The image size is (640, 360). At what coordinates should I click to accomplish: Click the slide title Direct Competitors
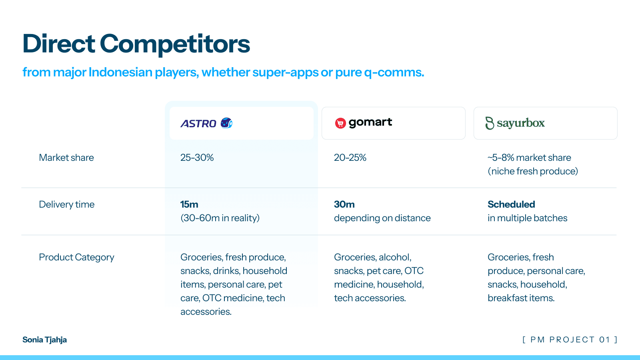click(x=136, y=44)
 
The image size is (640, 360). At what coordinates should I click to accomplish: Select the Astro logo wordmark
click(x=198, y=124)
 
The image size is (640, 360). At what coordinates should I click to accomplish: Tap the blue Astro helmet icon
click(x=226, y=123)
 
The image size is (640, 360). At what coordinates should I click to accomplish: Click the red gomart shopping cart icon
click(x=340, y=123)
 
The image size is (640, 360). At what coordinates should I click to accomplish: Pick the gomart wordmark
click(x=370, y=122)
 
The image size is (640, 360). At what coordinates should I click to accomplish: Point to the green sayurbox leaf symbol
click(x=490, y=123)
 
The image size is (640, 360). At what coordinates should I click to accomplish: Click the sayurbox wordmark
click(x=521, y=123)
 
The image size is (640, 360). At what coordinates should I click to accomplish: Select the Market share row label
click(x=66, y=158)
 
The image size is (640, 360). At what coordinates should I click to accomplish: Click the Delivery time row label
click(x=66, y=204)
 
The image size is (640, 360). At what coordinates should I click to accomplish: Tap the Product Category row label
click(x=76, y=257)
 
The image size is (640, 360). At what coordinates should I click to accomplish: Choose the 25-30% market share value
click(x=197, y=158)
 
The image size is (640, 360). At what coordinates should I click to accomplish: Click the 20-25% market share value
click(x=350, y=158)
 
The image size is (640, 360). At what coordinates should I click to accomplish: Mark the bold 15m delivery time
click(x=189, y=204)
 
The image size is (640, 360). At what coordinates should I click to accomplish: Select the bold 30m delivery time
click(x=344, y=204)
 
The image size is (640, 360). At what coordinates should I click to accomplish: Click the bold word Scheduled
click(x=511, y=204)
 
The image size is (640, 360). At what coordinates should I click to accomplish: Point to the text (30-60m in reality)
click(x=220, y=218)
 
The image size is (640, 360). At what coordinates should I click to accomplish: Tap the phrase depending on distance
click(x=382, y=218)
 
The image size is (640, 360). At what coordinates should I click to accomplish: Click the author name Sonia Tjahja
click(x=44, y=340)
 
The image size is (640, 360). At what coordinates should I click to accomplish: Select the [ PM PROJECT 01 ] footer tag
click(x=570, y=340)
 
